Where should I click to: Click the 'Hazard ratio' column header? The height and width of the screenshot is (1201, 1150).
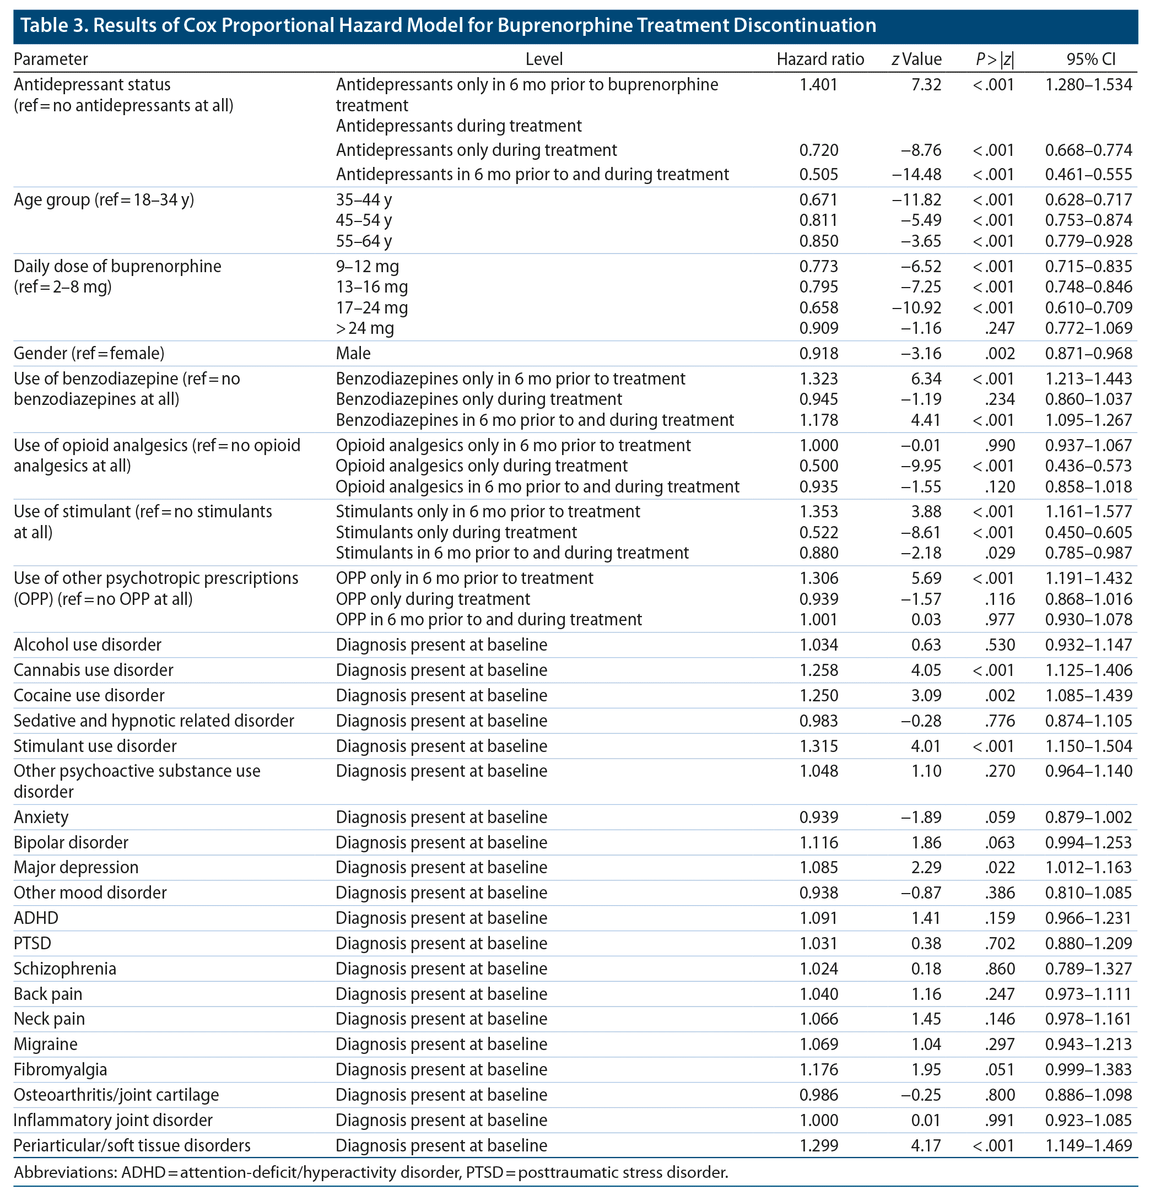[x=819, y=59]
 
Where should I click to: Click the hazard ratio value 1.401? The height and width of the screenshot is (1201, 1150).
[x=818, y=84]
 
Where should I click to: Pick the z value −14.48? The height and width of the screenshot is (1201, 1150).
[x=916, y=175]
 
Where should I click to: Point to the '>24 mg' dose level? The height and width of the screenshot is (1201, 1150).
[x=365, y=328]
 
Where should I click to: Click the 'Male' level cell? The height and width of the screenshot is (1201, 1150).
[x=353, y=354]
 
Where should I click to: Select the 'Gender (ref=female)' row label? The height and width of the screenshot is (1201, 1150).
[x=89, y=354]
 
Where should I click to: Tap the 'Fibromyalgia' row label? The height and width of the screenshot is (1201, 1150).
[x=60, y=1069]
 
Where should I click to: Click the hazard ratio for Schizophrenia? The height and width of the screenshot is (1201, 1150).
[x=818, y=969]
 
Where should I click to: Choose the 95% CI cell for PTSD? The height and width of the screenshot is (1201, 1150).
[x=1088, y=944]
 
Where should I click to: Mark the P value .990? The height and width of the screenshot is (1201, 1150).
[x=1000, y=446]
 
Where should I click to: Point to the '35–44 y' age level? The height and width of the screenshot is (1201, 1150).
[x=364, y=200]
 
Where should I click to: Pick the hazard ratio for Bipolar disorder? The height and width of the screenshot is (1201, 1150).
[x=818, y=842]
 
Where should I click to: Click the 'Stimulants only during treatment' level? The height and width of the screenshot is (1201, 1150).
[x=456, y=533]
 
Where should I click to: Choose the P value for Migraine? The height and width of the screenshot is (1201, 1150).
[x=1000, y=1044]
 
